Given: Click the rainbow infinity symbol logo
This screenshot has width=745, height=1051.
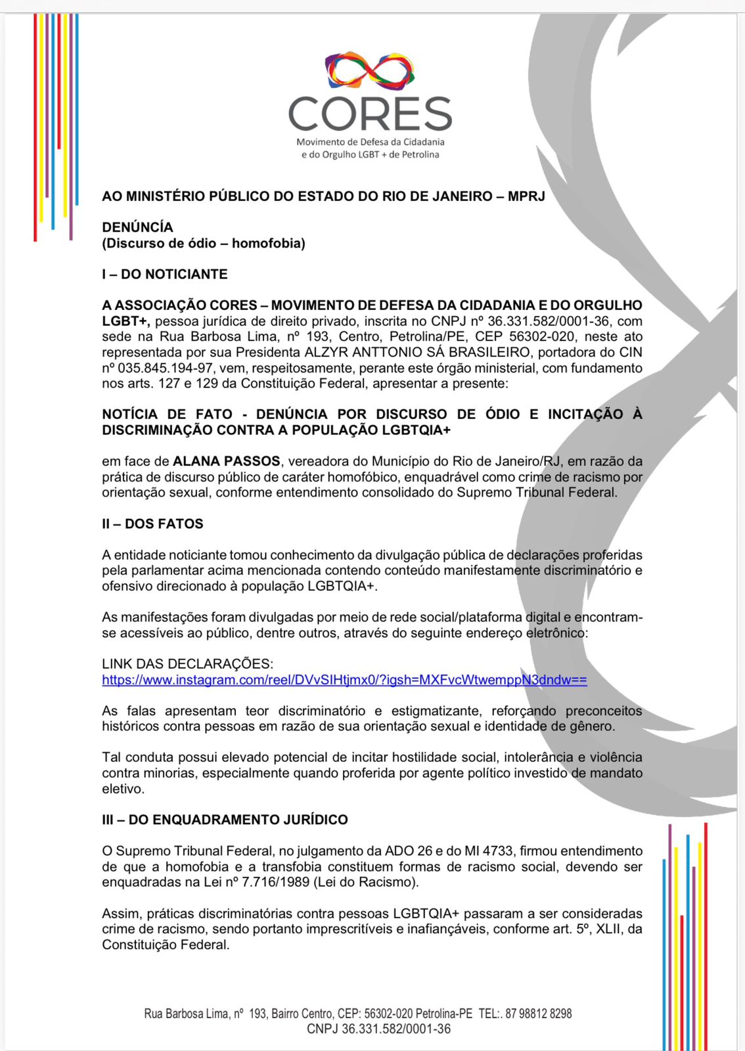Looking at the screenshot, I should (370, 70).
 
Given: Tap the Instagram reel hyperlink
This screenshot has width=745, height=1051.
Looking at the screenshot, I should (344, 680).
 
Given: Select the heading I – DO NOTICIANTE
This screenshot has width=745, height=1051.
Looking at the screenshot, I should (164, 274).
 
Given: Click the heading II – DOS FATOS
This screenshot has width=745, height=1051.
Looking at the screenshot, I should (152, 524).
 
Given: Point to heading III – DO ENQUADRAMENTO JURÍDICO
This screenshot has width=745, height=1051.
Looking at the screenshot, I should (225, 819).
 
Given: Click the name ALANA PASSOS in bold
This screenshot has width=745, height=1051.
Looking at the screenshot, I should (226, 461).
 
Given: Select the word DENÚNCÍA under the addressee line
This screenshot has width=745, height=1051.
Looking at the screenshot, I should (137, 227).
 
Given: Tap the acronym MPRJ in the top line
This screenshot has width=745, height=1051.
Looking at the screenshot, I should (526, 196).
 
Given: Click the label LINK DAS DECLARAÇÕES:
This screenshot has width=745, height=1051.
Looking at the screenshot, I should (187, 663).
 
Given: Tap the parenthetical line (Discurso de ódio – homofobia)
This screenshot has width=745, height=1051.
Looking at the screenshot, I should (203, 243).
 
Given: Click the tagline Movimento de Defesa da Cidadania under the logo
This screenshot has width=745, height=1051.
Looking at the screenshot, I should (370, 142).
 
